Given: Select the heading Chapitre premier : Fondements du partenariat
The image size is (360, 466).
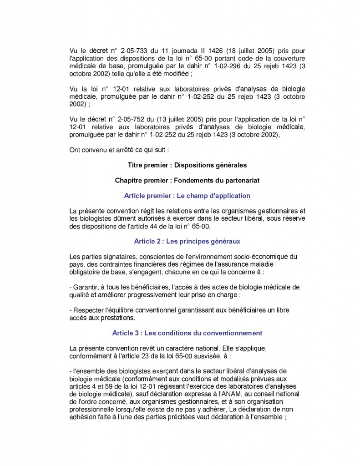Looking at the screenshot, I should point(187,180).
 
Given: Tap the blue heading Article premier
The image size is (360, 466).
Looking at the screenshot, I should point(187,196).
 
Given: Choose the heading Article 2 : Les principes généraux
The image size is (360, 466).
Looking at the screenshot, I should point(187,241).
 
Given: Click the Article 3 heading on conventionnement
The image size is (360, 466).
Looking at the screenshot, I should point(187,333).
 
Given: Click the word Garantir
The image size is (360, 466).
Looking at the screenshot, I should point(86,287).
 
